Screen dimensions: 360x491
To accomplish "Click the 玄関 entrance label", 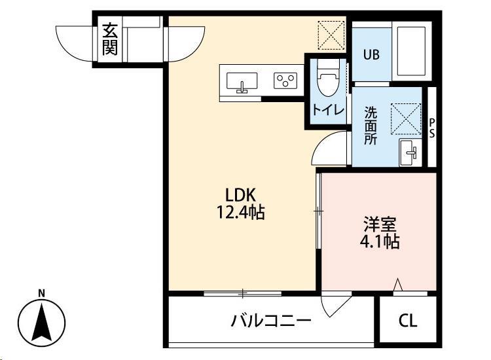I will (109, 40).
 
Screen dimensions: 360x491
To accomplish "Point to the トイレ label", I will (328, 110).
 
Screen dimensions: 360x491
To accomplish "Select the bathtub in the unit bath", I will (410, 51).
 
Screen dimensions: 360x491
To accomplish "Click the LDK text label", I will (244, 194).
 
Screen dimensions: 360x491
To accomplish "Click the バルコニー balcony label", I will (270, 321).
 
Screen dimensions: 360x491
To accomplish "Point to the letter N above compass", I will (41, 293).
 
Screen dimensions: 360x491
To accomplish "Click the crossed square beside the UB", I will (331, 34).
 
